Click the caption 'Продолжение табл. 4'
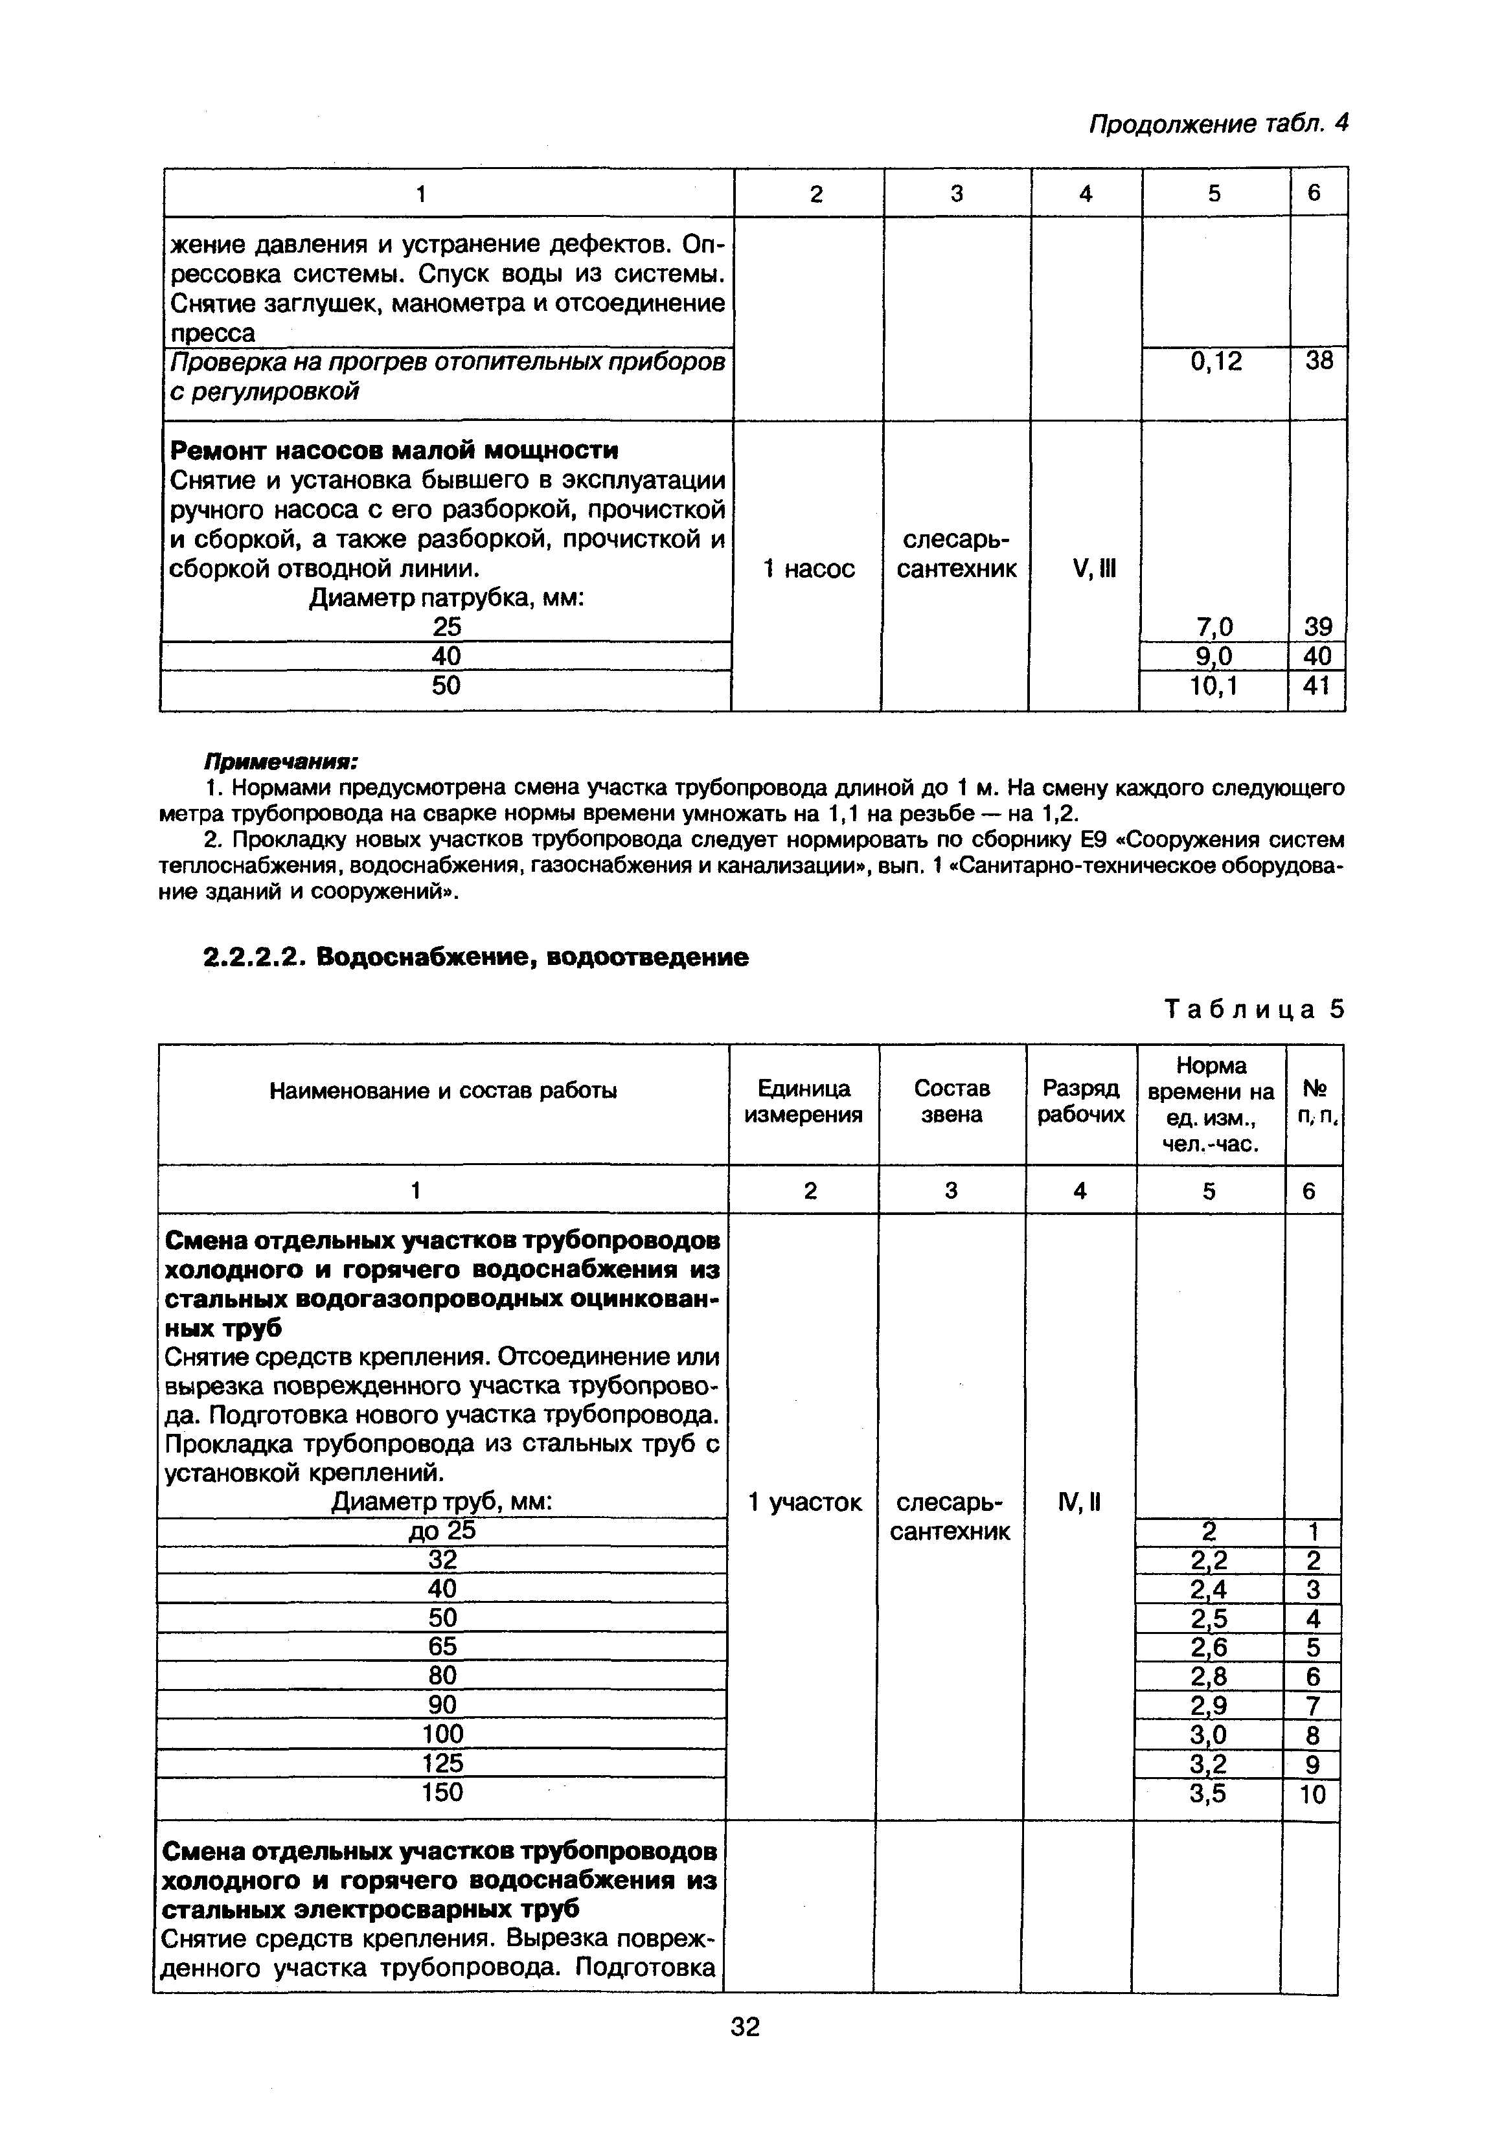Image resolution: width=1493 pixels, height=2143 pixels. [x=1218, y=124]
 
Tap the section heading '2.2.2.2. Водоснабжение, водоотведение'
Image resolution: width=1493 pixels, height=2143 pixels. [x=476, y=957]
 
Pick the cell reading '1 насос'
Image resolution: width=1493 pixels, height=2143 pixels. [x=808, y=569]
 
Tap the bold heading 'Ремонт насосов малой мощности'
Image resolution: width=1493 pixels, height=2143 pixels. [x=393, y=451]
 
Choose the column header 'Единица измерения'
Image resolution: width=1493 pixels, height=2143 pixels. [x=803, y=1102]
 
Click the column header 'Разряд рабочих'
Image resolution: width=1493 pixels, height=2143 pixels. [x=1081, y=1102]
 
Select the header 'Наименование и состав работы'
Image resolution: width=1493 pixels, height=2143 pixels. [x=444, y=1090]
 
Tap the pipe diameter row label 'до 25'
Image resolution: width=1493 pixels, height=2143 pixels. [x=442, y=1531]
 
